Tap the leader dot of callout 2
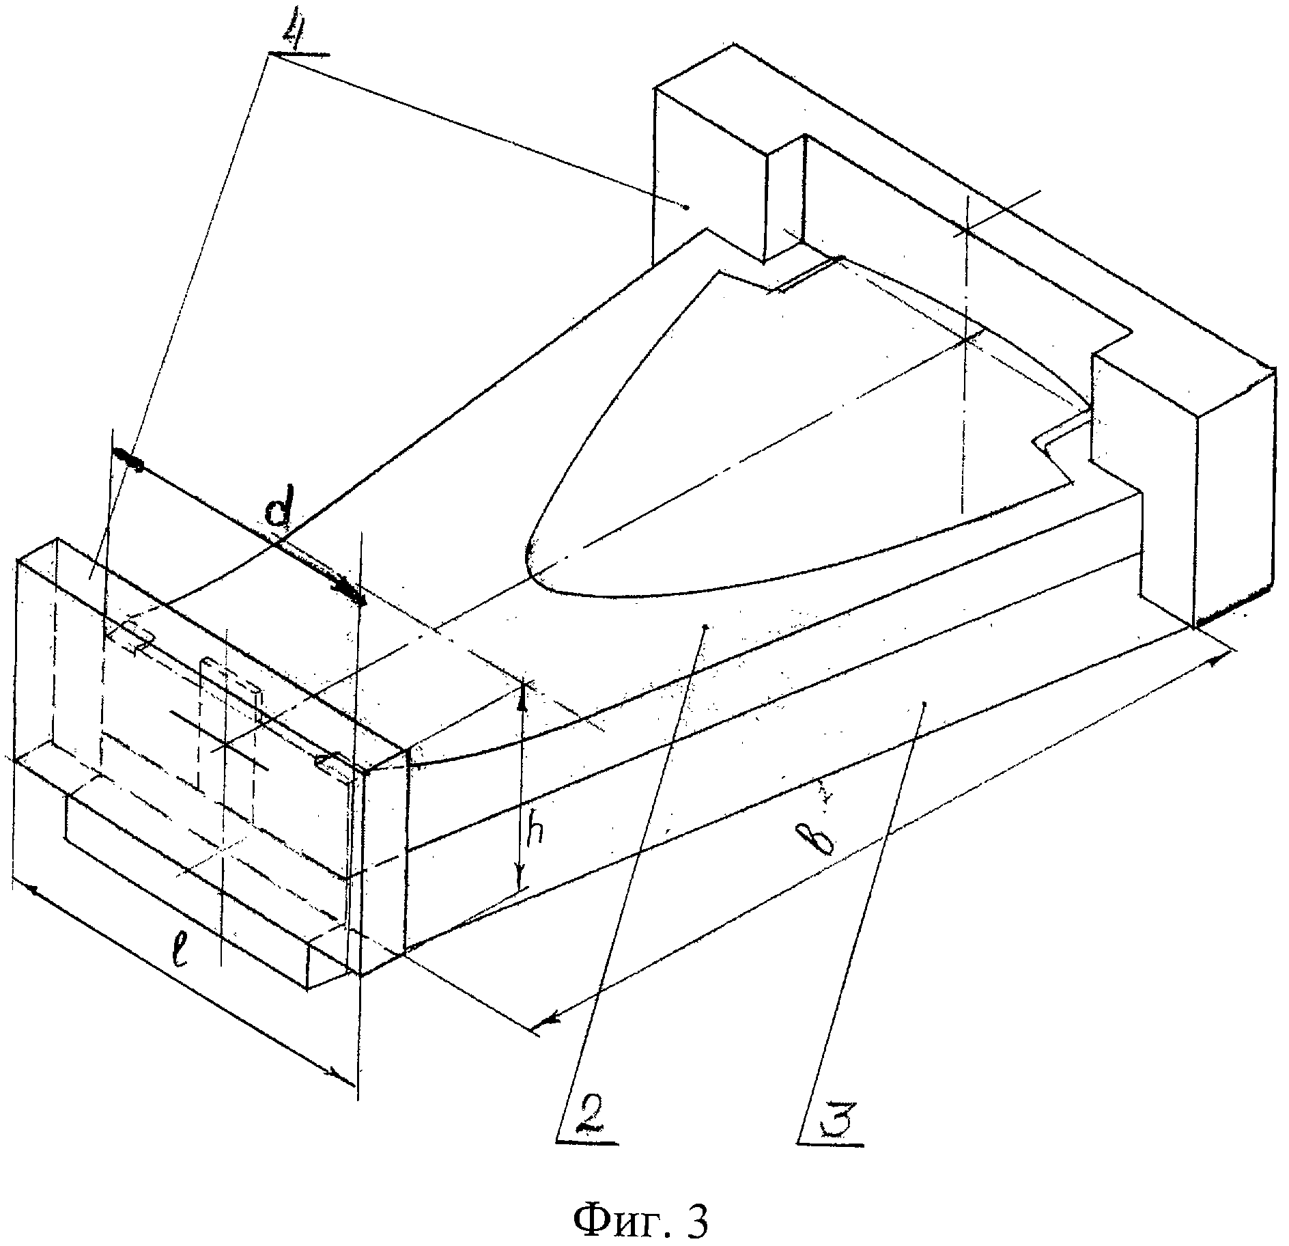[706, 626]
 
